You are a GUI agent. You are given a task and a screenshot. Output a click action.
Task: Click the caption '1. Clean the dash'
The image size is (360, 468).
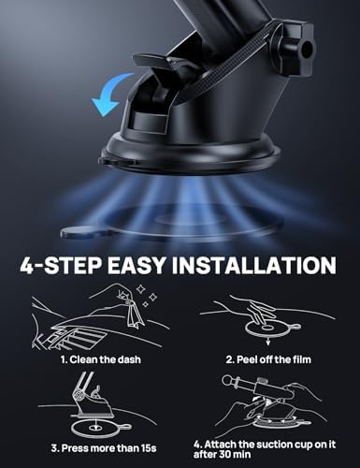click(93, 358)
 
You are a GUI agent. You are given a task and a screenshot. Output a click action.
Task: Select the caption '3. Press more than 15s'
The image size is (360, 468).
click(94, 446)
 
